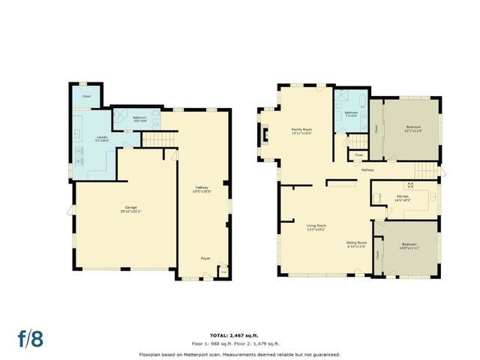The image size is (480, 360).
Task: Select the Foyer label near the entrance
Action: (x=205, y=258)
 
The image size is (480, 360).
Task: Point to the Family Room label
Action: (x=301, y=131)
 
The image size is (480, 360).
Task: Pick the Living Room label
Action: (x=316, y=226)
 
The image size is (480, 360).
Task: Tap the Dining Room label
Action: (x=356, y=244)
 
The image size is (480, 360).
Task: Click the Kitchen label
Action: (x=403, y=198)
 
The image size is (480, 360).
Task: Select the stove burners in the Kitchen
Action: (x=410, y=184)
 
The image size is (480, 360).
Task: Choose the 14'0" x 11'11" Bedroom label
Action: (x=409, y=246)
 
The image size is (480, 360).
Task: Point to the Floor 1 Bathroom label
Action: (x=139, y=118)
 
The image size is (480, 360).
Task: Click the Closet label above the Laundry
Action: (x=87, y=96)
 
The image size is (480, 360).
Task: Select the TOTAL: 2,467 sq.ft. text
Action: (x=239, y=334)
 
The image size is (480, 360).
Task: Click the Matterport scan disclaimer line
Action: (x=239, y=353)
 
